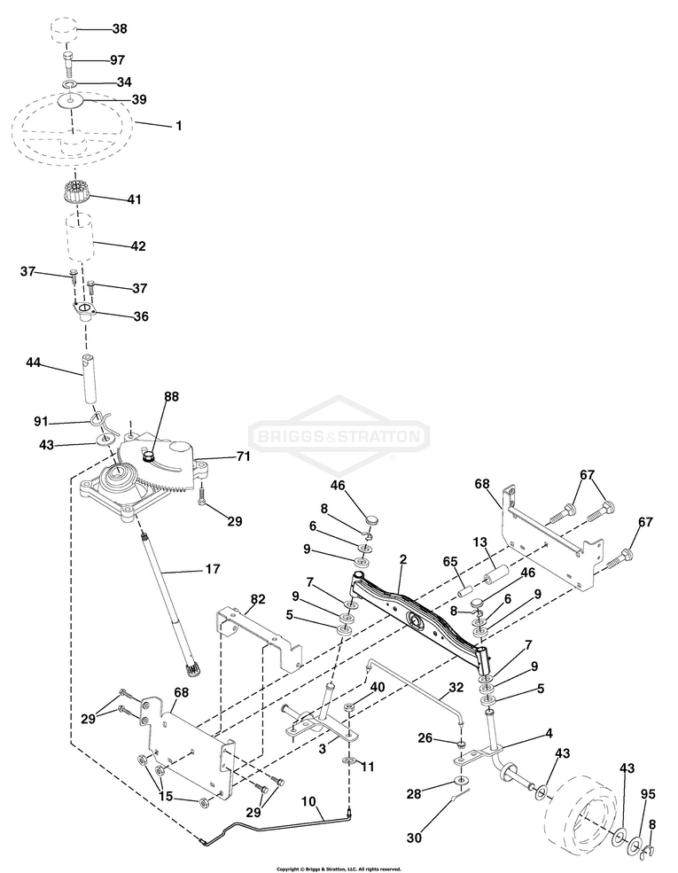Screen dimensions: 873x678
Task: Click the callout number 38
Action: [120, 29]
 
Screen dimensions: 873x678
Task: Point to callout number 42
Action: [137, 246]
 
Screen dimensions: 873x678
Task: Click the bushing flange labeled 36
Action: [83, 312]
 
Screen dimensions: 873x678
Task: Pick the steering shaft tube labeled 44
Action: [89, 377]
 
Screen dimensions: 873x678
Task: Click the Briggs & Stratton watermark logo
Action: [339, 437]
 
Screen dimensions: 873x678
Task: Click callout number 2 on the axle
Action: [402, 560]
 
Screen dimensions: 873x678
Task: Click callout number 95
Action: [648, 794]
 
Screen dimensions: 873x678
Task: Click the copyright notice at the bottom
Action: [339, 869]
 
